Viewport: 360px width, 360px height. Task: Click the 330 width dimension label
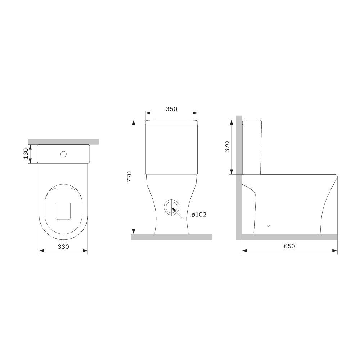tap(63, 247)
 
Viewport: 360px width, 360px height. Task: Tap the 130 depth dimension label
tap(26, 153)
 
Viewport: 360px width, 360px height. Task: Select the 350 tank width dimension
tap(172, 109)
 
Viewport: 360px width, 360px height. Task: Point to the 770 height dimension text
tap(129, 177)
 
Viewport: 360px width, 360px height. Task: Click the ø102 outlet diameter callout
tap(199, 215)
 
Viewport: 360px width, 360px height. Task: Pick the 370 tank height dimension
tap(227, 147)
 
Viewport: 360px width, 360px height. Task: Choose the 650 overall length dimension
tap(289, 246)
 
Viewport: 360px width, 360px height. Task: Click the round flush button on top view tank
tap(64, 154)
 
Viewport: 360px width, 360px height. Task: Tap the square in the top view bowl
tap(63, 211)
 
